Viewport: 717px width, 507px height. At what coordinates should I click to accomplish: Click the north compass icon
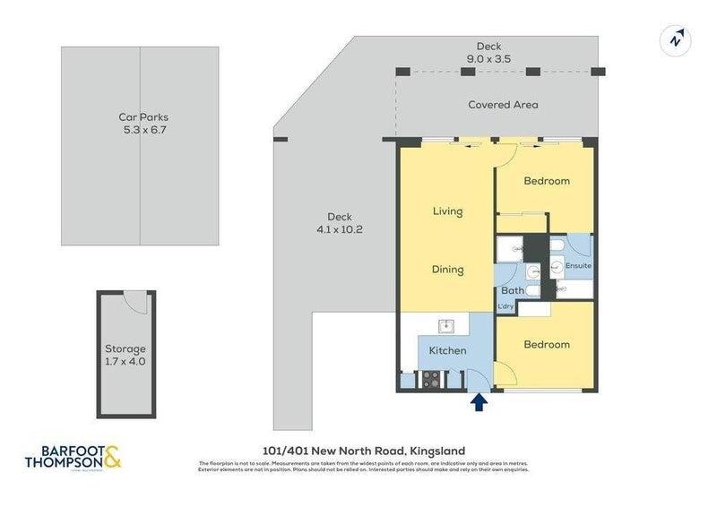(675, 39)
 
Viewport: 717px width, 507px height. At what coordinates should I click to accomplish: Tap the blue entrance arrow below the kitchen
(479, 403)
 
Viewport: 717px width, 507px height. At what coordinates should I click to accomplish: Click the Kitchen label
(447, 350)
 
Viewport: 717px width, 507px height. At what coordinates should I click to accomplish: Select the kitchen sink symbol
(444, 326)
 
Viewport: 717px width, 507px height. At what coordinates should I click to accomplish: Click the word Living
(447, 211)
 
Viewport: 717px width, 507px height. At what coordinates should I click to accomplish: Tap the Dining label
(447, 269)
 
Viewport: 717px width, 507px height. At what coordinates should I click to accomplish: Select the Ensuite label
(578, 266)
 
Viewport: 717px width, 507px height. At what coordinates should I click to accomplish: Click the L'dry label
(506, 308)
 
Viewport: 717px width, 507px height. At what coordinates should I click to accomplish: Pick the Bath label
(512, 290)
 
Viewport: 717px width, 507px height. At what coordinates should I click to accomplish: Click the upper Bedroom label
(547, 181)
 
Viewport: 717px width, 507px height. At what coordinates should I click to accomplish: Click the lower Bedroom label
(547, 344)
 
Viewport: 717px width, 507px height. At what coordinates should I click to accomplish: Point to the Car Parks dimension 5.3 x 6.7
(144, 130)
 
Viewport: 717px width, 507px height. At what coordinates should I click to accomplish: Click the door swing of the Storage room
(135, 302)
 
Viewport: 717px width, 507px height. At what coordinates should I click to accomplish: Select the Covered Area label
(503, 105)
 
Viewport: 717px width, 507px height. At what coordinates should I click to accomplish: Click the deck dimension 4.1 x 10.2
(339, 229)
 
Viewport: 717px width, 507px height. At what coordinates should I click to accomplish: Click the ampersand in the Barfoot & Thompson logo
(112, 458)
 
